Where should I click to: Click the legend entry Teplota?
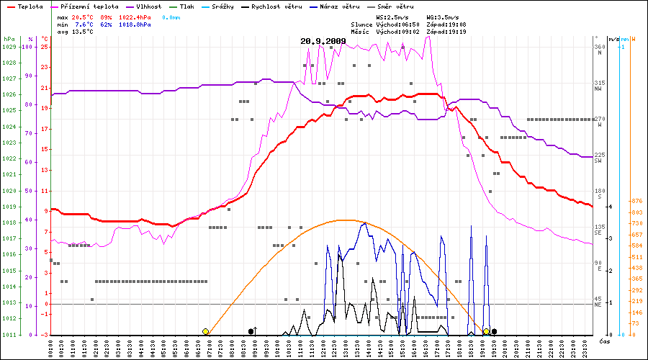pos(28,6)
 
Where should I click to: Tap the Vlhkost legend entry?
pos(149,6)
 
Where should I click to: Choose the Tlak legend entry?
pos(186,6)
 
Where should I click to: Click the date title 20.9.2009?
pos(323,41)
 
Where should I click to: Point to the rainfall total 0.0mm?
pos(171,17)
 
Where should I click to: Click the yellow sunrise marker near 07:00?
pos(206,331)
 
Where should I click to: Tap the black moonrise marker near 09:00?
pos(251,331)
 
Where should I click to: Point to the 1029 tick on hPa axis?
pos(9,47)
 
